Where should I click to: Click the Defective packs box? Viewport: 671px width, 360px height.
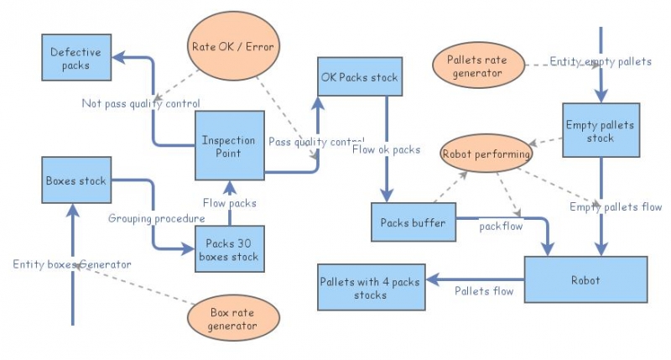coord(76,58)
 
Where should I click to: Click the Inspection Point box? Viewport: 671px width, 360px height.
coord(229,146)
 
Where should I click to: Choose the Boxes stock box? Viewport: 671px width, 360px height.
coord(76,179)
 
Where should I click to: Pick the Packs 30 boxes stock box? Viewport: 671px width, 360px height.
coord(229,249)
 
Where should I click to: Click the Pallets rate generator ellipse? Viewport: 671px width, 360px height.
coord(479,66)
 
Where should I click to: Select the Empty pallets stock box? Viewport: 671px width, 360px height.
coord(600,131)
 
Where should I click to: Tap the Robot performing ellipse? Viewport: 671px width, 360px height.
coord(487,154)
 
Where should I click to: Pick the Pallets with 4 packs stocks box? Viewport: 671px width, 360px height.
coord(371,287)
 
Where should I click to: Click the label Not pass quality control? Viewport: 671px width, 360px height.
coord(140,104)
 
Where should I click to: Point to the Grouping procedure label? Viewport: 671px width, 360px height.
coord(157,218)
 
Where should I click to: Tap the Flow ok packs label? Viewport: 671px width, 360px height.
coord(387,150)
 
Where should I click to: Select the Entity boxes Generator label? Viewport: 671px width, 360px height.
coord(72,263)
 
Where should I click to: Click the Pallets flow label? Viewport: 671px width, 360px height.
coord(484,291)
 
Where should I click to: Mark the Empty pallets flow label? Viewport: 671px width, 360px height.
coord(616,206)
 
